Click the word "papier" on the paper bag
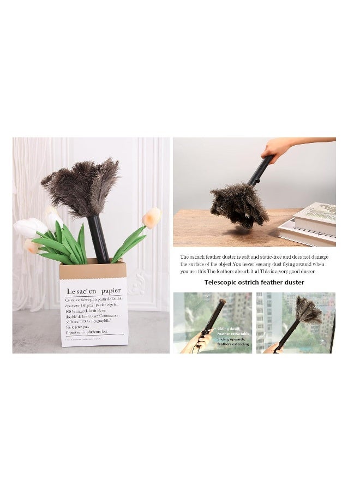point(111,291)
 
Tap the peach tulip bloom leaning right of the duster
point(151,218)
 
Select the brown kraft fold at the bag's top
point(93,269)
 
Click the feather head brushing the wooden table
point(239,205)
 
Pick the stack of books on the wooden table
point(309,224)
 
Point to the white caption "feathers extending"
point(233,344)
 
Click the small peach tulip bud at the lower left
point(32,247)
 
